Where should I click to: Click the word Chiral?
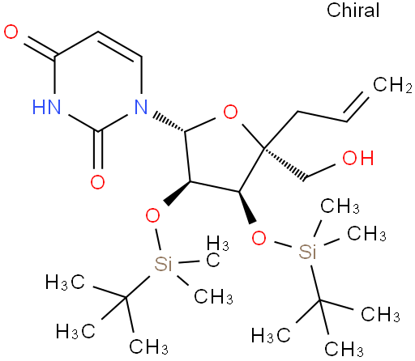click(353, 11)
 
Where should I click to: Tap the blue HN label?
click(46, 107)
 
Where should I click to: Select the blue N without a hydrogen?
click(141, 107)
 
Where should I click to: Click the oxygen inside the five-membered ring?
click(230, 112)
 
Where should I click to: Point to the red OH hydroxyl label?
click(358, 158)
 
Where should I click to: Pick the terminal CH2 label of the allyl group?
click(392, 85)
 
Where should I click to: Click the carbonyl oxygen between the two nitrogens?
click(97, 182)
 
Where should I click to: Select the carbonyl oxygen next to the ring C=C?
click(11, 32)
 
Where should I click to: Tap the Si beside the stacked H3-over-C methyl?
click(163, 264)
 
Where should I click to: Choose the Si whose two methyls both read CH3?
click(308, 252)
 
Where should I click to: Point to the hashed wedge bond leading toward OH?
click(286, 164)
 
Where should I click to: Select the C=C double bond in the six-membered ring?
click(119, 47)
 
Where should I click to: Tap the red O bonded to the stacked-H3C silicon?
click(152, 215)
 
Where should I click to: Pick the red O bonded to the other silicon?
click(259, 238)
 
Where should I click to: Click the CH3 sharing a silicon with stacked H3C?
click(213, 296)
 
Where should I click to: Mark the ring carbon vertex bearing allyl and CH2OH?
click(264, 147)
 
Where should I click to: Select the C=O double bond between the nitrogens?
click(98, 150)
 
